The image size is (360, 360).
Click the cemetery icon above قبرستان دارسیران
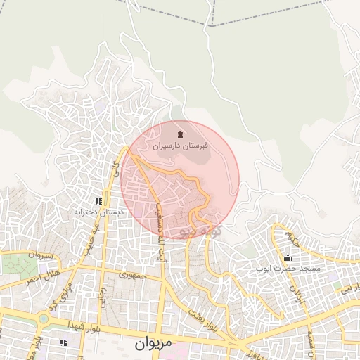(x=181, y=134)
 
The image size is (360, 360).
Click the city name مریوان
(x=150, y=345)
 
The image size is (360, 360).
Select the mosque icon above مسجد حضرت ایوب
(x=288, y=257)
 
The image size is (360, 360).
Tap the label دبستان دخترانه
(x=100, y=211)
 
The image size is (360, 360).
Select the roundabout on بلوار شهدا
(x=44, y=318)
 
